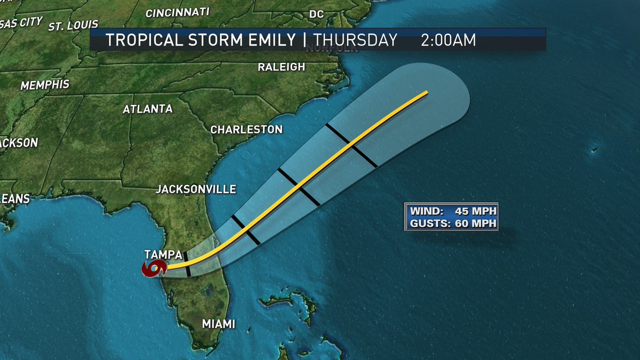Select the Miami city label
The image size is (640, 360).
tap(219, 324)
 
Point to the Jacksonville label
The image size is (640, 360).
tap(196, 189)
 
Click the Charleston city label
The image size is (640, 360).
tap(246, 130)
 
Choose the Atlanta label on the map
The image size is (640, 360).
tap(148, 109)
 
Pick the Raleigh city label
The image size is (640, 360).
tap(282, 67)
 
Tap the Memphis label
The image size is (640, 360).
tap(45, 84)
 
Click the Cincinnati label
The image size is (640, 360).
tap(178, 12)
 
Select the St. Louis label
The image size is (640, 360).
tap(74, 25)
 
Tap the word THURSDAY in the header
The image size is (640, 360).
tap(355, 40)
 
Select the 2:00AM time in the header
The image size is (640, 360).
tap(448, 40)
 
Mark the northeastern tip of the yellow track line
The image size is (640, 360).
tap(427, 93)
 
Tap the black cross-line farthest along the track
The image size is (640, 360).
tap(352, 145)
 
